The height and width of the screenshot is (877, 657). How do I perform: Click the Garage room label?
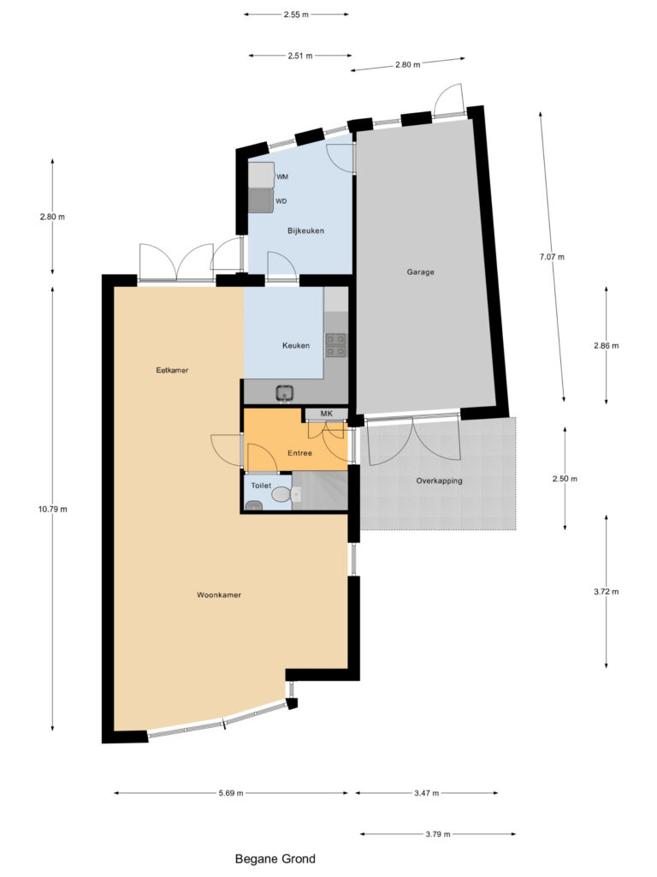tap(420, 271)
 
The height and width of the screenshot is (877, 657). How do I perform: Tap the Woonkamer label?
tap(219, 594)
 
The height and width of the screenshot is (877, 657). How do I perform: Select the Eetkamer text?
tap(172, 370)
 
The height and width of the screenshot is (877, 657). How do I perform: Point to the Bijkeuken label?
tap(305, 230)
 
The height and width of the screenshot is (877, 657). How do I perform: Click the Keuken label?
tap(295, 346)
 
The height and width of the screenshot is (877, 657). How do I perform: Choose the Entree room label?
tap(299, 453)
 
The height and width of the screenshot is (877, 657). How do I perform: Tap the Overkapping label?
tap(439, 480)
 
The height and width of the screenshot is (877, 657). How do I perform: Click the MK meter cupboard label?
tap(326, 414)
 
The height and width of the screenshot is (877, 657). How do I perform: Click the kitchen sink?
tap(286, 393)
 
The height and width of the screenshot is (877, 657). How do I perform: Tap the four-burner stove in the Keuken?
tap(335, 345)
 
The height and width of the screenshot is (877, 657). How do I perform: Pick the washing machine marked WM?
tap(262, 175)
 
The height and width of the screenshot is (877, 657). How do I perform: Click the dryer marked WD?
tap(261, 200)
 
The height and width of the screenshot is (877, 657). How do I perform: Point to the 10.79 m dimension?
tap(53, 509)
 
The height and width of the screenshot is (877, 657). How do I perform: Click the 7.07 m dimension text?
tap(552, 257)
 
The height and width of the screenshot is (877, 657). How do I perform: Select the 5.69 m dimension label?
tap(231, 792)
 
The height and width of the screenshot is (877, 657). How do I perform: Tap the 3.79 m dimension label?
tap(437, 834)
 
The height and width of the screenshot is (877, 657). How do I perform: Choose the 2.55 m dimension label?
tap(296, 15)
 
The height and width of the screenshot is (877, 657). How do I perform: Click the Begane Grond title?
tap(275, 858)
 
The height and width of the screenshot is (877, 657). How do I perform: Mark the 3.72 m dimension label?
tap(607, 591)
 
